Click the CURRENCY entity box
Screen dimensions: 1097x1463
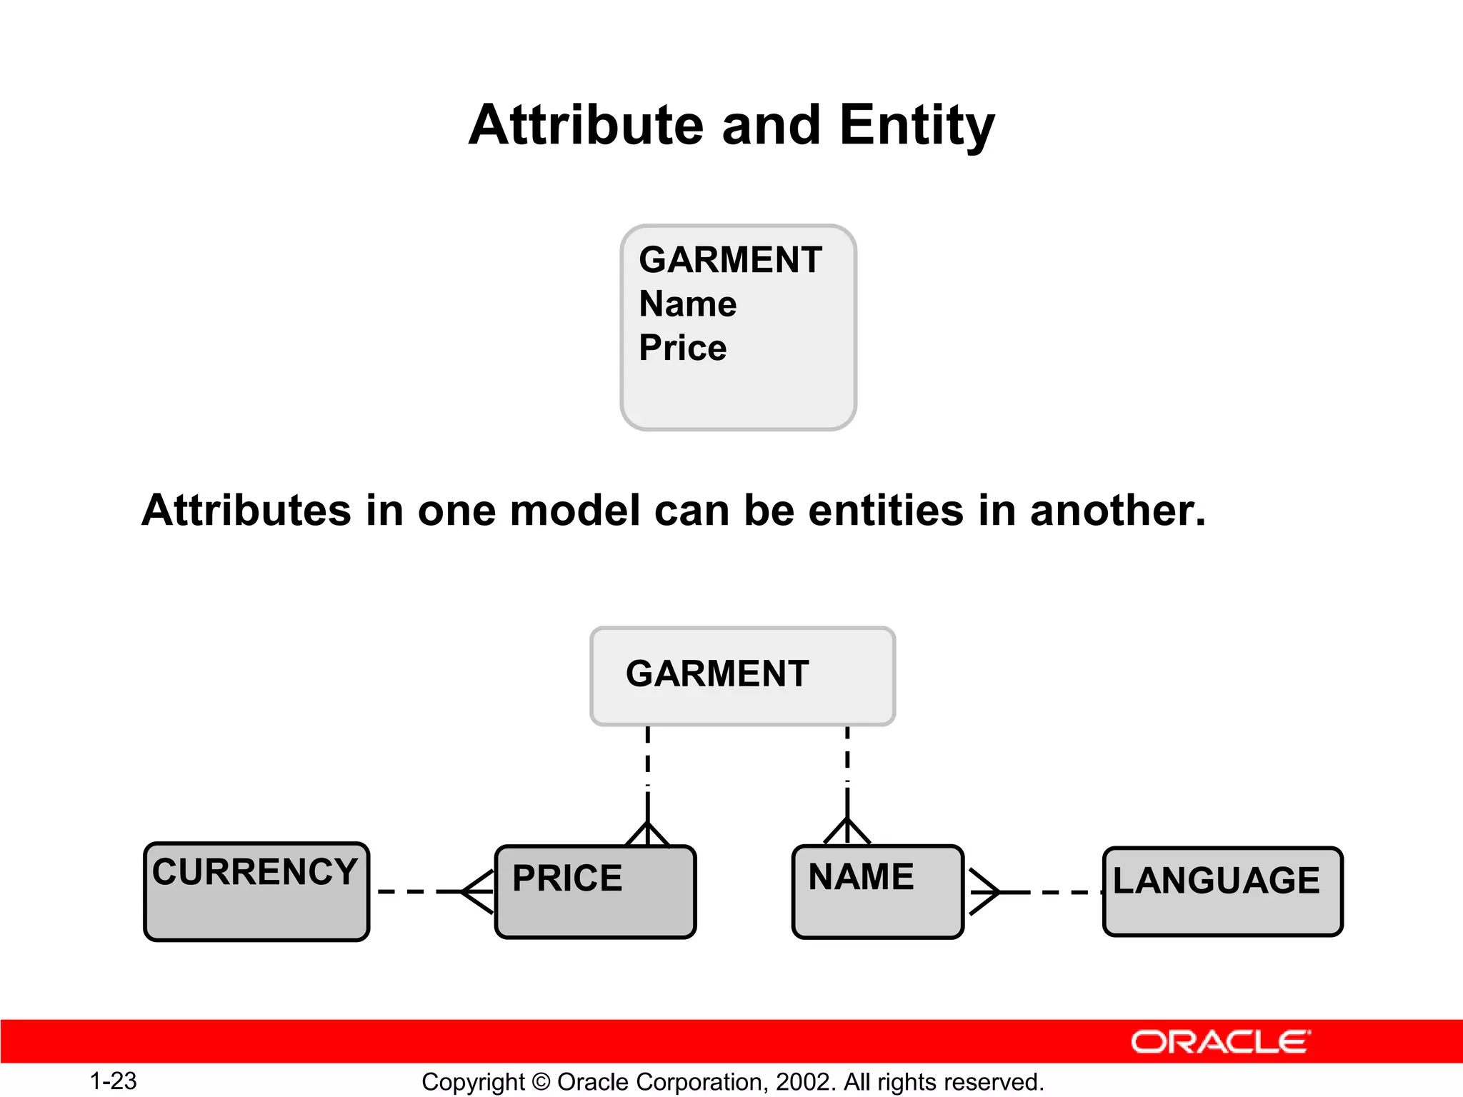[256, 891]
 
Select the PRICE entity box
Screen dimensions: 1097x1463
[594, 891]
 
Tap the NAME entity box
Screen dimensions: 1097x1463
[877, 891]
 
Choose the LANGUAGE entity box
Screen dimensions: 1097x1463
[1222, 891]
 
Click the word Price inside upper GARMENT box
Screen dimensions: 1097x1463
[682, 349]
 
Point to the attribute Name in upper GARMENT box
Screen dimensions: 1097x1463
[687, 304]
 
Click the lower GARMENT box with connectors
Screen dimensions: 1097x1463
[742, 676]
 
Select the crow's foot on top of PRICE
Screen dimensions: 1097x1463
[647, 833]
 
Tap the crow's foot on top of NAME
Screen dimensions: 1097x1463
[847, 831]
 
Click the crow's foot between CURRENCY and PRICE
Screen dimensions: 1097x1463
[477, 891]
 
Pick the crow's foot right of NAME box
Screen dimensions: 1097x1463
[984, 891]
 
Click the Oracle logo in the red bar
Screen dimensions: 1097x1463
[1220, 1042]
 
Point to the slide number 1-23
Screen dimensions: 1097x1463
[113, 1081]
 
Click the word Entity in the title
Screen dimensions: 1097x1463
[917, 126]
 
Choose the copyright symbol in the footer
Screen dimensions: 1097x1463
[541, 1082]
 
